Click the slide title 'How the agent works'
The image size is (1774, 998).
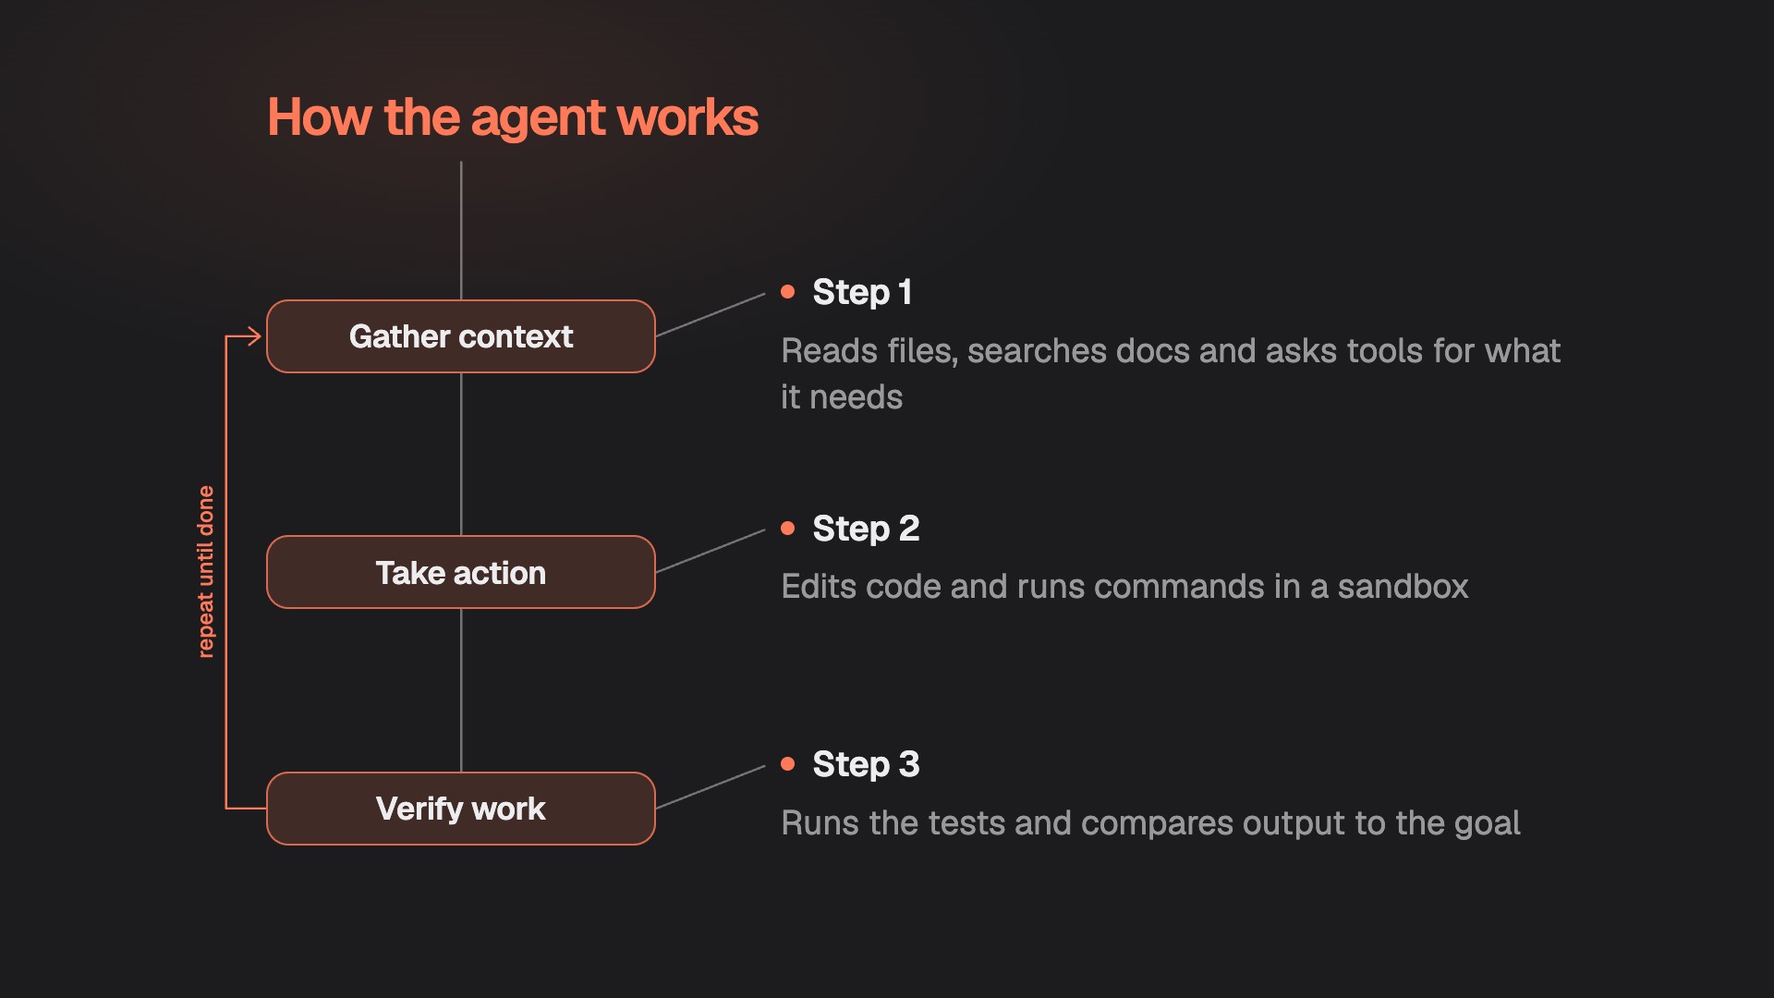[513, 118]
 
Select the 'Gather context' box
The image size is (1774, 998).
[461, 336]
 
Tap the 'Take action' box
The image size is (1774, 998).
[461, 572]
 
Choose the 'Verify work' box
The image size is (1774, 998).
[461, 809]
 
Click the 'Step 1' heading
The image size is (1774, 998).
[862, 292]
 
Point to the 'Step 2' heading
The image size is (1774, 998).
[866, 529]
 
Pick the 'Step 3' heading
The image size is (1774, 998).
[866, 764]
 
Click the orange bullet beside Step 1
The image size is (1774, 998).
[788, 292]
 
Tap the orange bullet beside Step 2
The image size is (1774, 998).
[788, 529]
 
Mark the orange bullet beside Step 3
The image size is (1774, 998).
[788, 764]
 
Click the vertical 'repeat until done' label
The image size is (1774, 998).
[205, 572]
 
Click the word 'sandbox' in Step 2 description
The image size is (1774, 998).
[1403, 587]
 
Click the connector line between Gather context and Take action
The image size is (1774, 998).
[461, 454]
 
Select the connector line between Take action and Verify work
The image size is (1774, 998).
[461, 690]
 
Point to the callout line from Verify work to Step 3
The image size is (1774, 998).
[711, 787]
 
